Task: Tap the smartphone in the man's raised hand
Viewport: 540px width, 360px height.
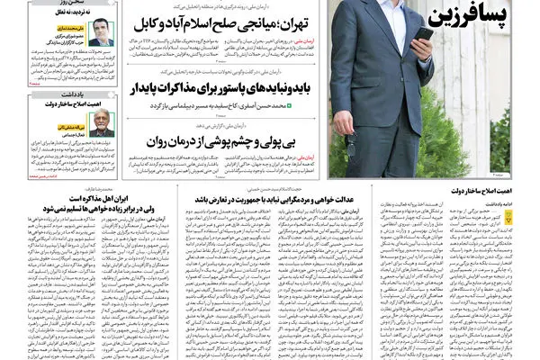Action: (x=422, y=35)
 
